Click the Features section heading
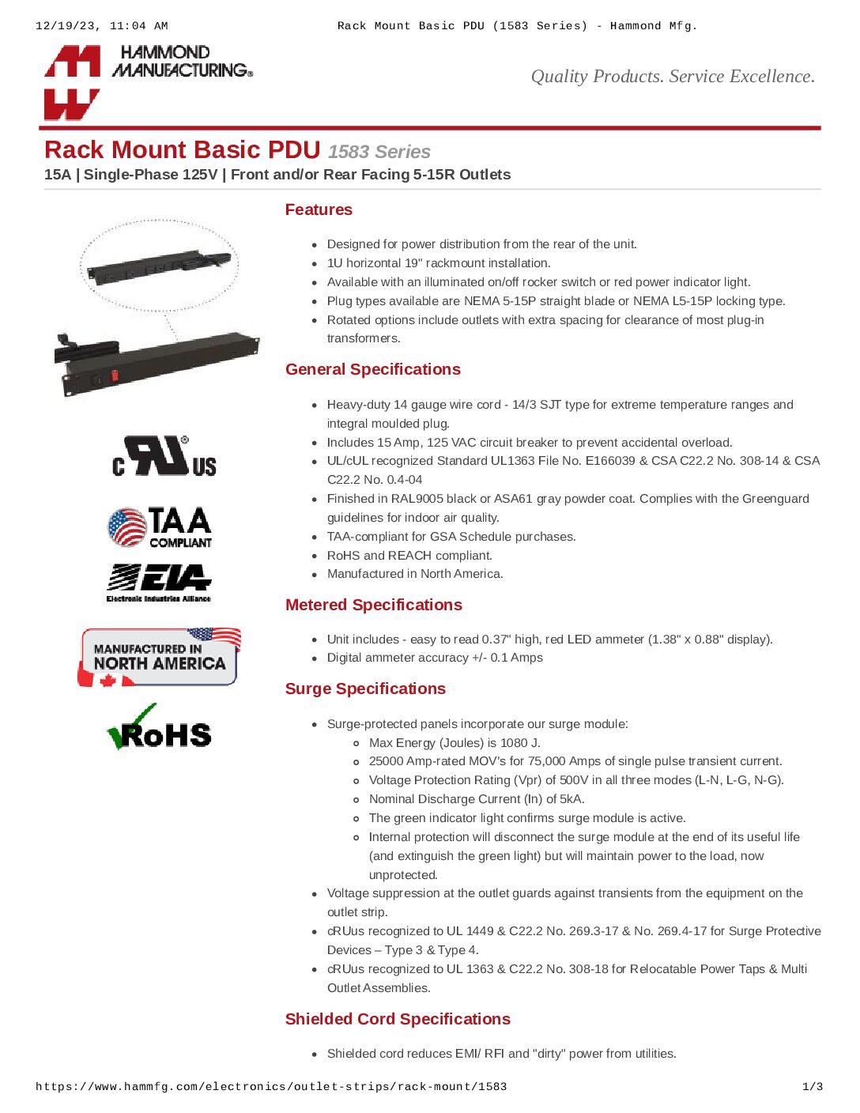319,209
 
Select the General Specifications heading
372,369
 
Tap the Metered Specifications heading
373,605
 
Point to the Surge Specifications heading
365,689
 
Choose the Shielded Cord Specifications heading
398,1019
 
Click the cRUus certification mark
164,457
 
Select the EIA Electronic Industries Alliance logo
159,583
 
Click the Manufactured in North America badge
160,657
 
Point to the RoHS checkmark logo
160,728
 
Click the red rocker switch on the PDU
115,375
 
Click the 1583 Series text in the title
379,152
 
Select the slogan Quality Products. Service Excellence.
672,77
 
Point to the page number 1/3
813,1087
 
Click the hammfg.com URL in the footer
271,1087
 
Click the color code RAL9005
417,499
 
